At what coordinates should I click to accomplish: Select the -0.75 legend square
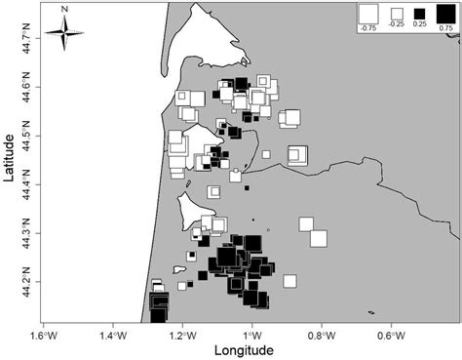368,13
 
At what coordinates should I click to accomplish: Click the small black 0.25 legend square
421,14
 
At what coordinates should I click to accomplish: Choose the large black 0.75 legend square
444,14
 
